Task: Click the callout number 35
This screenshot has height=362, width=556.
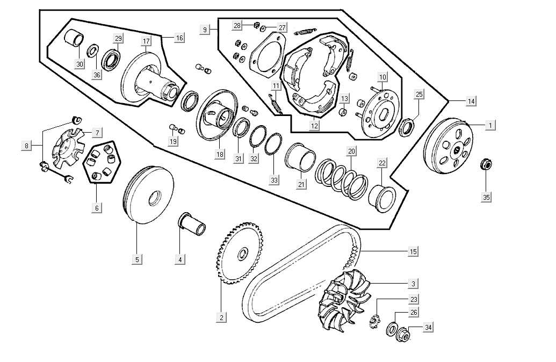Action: (x=486, y=197)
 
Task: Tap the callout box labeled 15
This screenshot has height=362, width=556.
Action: (x=413, y=251)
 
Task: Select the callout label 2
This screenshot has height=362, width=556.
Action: (x=221, y=317)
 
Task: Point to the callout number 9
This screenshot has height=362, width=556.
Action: (x=205, y=30)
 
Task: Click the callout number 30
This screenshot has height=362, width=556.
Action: (x=80, y=64)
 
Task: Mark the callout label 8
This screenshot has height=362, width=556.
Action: (x=26, y=146)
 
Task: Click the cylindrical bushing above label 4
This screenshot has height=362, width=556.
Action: (x=192, y=223)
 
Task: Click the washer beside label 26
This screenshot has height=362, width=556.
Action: (x=392, y=329)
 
